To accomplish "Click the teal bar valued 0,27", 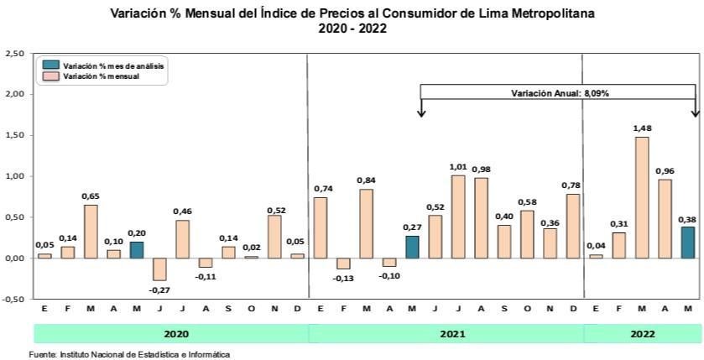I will tap(413, 247).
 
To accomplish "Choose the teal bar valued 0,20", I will tap(137, 249).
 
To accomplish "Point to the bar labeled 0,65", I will tap(91, 231).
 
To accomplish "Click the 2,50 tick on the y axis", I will tap(13, 54).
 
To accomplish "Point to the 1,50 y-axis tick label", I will tap(13, 135).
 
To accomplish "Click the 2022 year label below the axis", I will tap(642, 333).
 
